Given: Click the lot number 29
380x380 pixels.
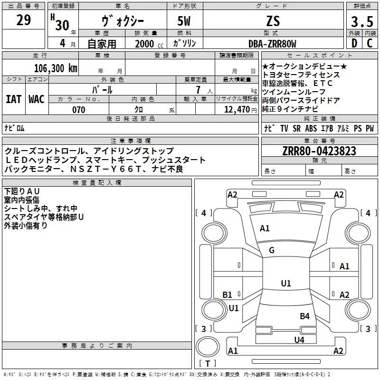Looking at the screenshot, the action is click(24, 20).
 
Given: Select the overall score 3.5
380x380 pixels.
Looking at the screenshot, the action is click(361, 22).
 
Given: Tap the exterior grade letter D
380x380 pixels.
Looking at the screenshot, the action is click(353, 44).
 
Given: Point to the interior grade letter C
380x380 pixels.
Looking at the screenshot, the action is click(370, 44).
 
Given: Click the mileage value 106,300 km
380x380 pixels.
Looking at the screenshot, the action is click(55, 68).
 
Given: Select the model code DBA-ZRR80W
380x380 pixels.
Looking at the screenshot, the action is click(272, 44).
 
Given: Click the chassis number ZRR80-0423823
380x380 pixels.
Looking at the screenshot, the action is click(319, 151).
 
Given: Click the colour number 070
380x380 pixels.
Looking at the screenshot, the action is click(78, 110).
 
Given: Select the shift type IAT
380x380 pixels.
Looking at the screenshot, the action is click(14, 99).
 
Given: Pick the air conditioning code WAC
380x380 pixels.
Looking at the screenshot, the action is click(36, 99).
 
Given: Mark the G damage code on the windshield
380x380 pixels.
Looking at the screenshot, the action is click(272, 250).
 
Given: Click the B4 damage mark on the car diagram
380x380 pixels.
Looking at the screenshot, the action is click(304, 316).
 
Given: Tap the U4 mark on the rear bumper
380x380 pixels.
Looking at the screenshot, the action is click(299, 340).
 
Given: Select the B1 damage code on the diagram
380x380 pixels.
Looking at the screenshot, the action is click(228, 294).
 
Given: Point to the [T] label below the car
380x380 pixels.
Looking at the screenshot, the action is click(208, 364).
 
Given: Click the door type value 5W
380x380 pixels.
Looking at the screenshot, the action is click(185, 22).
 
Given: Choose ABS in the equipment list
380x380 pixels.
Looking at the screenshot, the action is click(311, 128).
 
